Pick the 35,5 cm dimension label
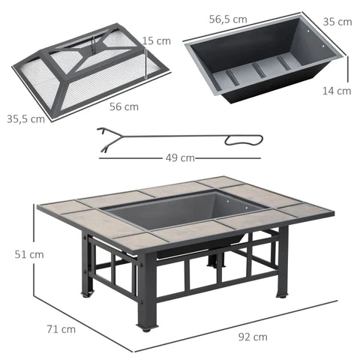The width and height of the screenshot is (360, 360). (25, 118)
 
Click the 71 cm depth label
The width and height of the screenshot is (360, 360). (60, 328)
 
